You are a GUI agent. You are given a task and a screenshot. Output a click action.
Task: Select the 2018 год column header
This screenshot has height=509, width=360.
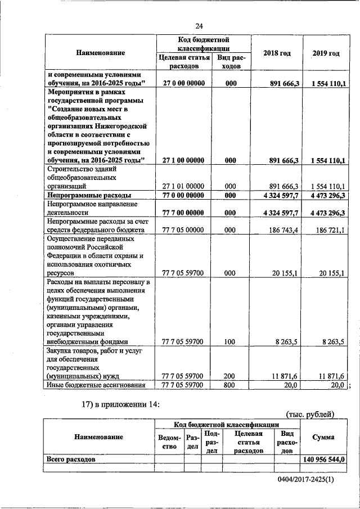[277, 53]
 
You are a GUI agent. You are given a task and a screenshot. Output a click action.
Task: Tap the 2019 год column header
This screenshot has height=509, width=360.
[326, 53]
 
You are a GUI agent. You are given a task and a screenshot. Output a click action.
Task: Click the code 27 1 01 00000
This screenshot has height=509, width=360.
[182, 185]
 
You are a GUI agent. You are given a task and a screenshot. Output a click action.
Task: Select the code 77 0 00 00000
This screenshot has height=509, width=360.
[182, 195]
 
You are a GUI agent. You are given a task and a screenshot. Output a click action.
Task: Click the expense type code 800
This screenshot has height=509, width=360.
[229, 385]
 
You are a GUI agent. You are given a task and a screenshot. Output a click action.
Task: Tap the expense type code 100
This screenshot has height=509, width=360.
[229, 341]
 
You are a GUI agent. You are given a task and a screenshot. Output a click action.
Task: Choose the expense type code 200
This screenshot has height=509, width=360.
[229, 376]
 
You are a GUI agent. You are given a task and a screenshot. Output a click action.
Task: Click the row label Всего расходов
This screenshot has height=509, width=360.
[71, 459]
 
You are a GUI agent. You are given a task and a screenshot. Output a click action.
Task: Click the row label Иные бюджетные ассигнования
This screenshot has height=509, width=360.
[96, 385]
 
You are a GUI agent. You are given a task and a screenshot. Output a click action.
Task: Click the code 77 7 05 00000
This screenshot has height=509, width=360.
[182, 231]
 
